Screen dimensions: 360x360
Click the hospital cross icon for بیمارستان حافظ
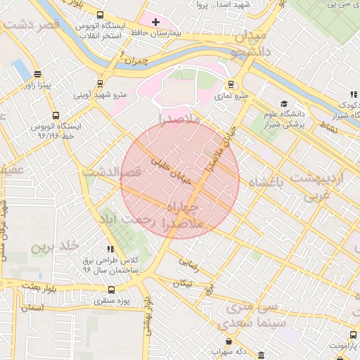(155, 22)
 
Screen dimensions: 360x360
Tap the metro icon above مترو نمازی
(231, 85)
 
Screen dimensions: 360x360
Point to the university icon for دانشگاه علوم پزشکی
(284, 103)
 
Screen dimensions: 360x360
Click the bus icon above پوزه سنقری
(111, 290)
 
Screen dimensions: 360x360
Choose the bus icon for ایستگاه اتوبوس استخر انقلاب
(100, 15)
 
